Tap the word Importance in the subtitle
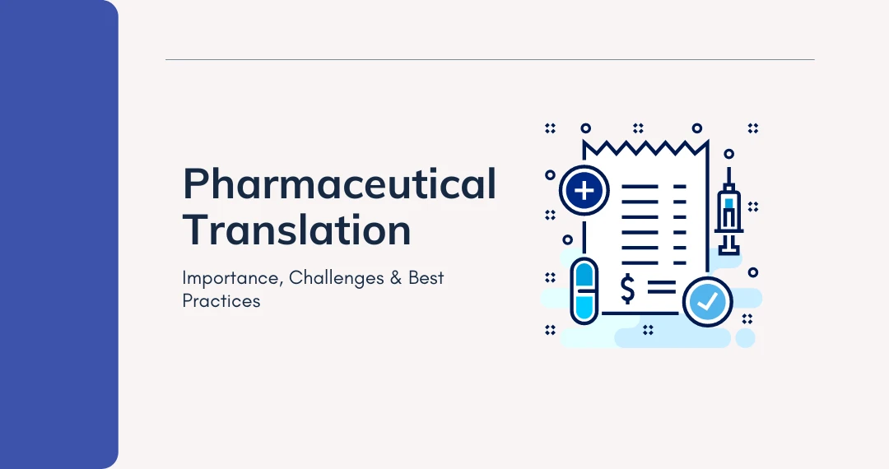point(231,278)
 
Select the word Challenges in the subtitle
point(335,278)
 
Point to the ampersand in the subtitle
point(394,278)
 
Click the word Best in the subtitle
point(426,278)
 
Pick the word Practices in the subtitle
point(221,301)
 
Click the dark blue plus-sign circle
point(584,192)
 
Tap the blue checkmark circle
point(707,301)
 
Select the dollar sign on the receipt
point(628,290)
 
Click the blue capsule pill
point(584,291)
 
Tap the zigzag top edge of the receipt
point(645,148)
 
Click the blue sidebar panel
point(58,234)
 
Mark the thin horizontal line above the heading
point(490,60)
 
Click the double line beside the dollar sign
point(661,288)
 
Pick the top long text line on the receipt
point(640,188)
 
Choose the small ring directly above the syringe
point(728,154)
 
